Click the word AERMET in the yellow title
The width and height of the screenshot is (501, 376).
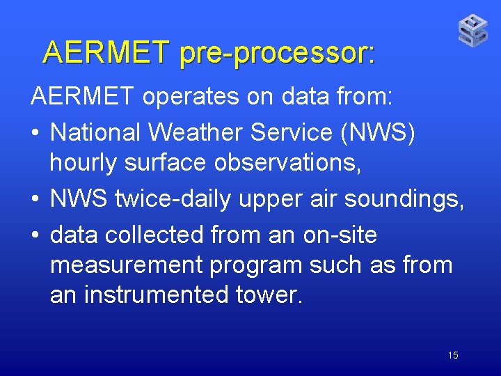(106, 52)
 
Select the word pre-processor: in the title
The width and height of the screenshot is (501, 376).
(277, 54)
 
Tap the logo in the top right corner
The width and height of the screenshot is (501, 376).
(472, 31)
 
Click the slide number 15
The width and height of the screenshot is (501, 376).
(453, 356)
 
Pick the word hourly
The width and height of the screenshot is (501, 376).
(86, 164)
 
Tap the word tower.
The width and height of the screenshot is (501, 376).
(269, 295)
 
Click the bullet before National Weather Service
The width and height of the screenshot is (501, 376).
(35, 132)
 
